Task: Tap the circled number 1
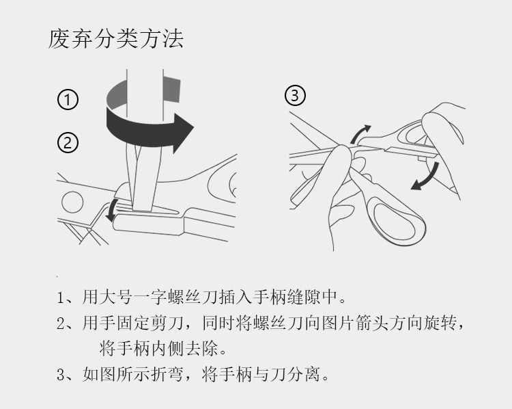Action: [67, 101]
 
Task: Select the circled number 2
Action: [67, 143]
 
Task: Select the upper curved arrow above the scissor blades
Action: [360, 135]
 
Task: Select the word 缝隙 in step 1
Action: [294, 298]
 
